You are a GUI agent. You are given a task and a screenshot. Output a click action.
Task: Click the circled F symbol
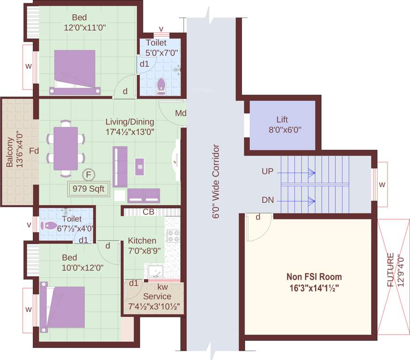click(89, 174)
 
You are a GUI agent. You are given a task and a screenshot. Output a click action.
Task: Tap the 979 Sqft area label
click(89, 188)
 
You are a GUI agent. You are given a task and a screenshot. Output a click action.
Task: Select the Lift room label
click(282, 120)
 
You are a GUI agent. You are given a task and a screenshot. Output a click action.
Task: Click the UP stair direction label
click(268, 172)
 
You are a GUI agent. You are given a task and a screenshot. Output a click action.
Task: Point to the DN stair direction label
click(268, 200)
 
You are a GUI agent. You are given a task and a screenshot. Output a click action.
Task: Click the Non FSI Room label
click(314, 277)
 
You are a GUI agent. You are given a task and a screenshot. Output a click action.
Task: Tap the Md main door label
click(181, 113)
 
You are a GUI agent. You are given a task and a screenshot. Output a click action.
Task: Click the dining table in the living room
click(66, 149)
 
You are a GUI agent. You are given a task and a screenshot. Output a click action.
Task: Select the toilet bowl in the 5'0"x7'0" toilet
click(161, 86)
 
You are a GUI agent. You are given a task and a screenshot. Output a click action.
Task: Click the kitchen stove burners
click(173, 236)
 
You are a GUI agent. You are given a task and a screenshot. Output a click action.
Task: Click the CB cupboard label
click(148, 212)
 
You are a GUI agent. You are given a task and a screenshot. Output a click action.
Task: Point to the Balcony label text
click(9, 152)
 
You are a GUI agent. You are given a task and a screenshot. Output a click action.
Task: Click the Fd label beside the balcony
click(34, 151)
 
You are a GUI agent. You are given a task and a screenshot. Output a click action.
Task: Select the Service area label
click(157, 296)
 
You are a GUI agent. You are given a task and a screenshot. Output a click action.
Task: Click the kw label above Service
click(163, 287)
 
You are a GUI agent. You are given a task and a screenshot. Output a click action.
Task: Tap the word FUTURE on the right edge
click(390, 270)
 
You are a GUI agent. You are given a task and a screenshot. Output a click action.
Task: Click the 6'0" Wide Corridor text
click(216, 181)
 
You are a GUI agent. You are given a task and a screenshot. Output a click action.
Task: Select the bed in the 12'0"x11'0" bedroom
click(75, 73)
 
